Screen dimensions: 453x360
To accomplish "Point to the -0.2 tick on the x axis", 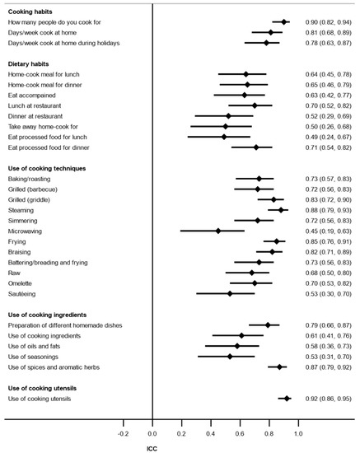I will pyautogui.click(x=123, y=432).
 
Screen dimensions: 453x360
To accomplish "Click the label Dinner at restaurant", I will pyautogui.click(x=38, y=116).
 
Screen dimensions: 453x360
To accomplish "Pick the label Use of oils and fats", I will pyautogui.click(x=38, y=346).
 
